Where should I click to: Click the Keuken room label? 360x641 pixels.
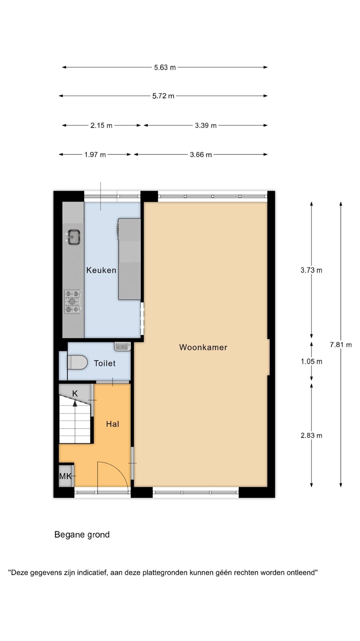coord(101,270)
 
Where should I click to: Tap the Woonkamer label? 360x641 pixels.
coord(203,347)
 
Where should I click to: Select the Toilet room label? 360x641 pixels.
coord(105,363)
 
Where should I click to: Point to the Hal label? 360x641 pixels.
coord(112,424)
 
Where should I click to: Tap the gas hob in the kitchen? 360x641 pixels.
coord(73,302)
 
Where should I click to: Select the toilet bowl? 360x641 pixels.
coord(77,362)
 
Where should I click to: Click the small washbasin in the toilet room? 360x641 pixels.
coord(122,347)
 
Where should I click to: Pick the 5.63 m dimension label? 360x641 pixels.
coord(165,68)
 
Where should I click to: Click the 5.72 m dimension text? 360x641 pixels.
coord(163,96)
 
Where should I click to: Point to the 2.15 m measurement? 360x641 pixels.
coord(101,125)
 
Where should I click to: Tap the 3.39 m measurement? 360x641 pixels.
coord(206,125)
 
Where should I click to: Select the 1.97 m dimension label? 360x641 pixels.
coord(95,155)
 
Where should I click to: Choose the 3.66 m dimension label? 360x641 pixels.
coord(201,155)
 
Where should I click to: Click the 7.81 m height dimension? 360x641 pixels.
coord(341,345)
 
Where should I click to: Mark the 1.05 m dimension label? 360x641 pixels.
coord(311,362)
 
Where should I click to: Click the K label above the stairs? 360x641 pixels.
coord(75,394)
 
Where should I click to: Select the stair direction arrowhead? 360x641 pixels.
coord(75,403)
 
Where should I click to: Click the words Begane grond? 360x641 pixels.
coord(82,535)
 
